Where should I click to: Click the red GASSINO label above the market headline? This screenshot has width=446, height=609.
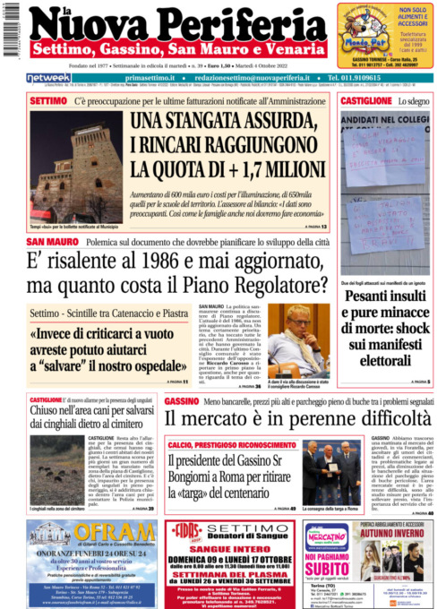pos(182,400)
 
